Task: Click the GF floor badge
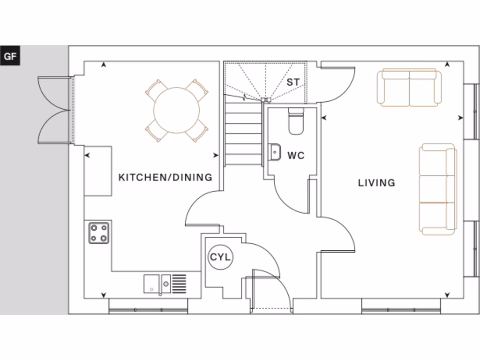tap(10, 57)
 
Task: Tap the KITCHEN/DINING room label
tap(165, 178)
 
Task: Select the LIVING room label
tap(376, 183)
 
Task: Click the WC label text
tap(296, 156)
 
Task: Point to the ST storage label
tap(293, 82)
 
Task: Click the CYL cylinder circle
tap(220, 257)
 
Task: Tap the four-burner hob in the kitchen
tap(99, 232)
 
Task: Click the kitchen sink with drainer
tap(165, 283)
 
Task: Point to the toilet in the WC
tap(296, 122)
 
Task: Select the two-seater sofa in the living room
tap(410, 87)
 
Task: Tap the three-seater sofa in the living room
tap(438, 189)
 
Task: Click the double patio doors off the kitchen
tap(54, 111)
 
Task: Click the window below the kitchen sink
tap(148, 310)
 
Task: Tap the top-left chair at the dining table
tap(156, 89)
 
